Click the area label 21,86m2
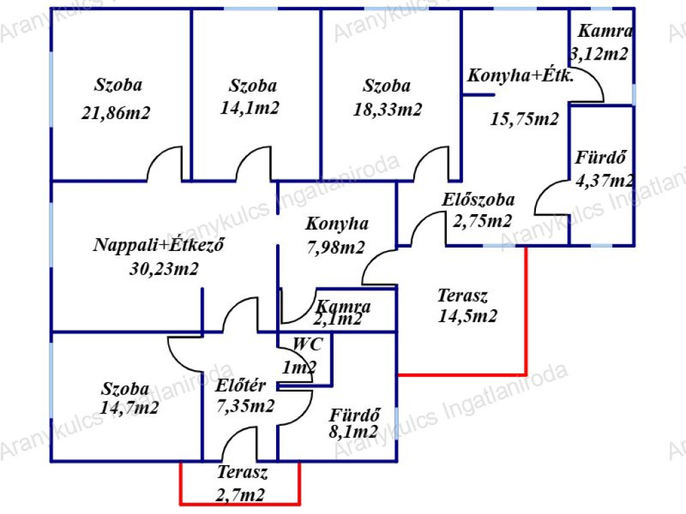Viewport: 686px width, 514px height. [116, 112]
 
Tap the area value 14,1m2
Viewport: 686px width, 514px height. [249, 108]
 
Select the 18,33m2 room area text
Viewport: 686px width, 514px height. [388, 109]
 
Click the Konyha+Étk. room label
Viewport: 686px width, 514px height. [521, 76]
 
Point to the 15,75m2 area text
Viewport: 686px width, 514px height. [524, 119]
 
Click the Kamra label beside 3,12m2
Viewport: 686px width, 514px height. [605, 31]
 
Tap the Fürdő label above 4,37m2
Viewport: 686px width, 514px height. [600, 157]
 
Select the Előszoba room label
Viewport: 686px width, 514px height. [478, 199]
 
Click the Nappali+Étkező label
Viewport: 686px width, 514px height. [158, 244]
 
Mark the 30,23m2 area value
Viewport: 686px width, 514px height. [164, 268]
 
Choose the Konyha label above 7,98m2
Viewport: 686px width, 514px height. [337, 224]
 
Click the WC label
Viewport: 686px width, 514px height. [307, 344]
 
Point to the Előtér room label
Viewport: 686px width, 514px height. [241, 385]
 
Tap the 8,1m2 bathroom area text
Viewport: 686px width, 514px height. [354, 432]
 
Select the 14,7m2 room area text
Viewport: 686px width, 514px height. [129, 408]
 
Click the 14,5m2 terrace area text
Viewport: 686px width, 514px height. [468, 316]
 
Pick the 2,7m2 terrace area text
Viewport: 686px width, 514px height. [241, 495]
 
